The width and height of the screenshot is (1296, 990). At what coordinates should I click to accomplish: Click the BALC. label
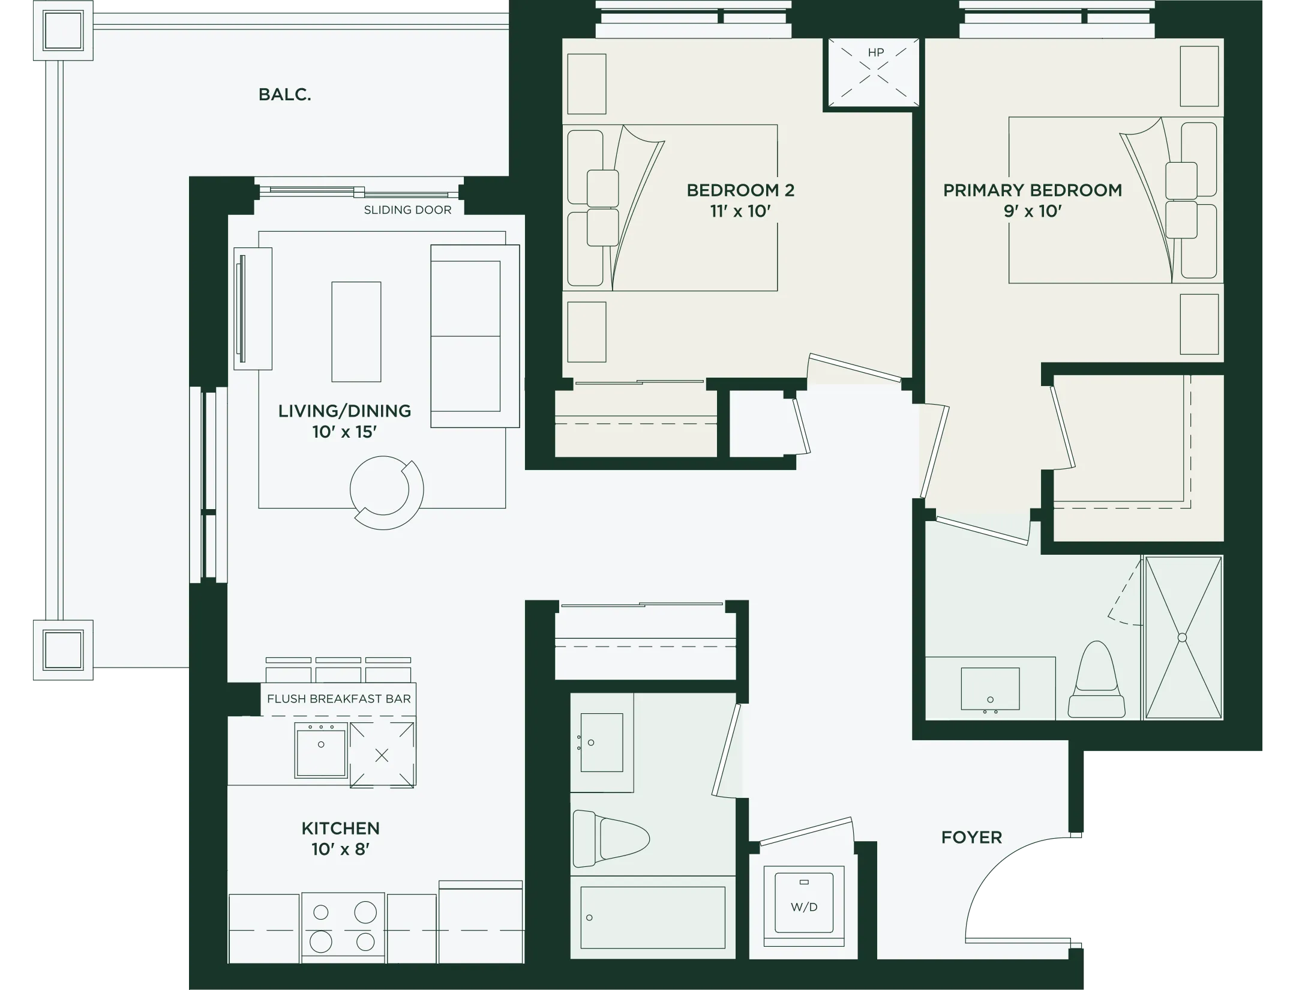click(x=284, y=95)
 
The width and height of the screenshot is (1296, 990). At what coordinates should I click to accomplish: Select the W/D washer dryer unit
click(x=804, y=907)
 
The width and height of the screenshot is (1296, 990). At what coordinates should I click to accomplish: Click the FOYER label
click(x=971, y=838)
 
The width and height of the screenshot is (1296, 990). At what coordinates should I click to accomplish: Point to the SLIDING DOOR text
click(x=407, y=210)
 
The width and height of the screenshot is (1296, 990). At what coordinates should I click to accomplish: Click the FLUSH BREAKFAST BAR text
click(x=339, y=699)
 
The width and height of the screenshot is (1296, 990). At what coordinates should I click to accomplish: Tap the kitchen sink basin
click(x=321, y=750)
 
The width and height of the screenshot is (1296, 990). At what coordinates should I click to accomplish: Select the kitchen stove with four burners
click(x=343, y=928)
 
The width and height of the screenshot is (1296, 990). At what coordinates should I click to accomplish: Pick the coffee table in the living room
click(x=356, y=332)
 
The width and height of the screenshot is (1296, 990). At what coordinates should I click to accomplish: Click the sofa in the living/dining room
click(x=475, y=336)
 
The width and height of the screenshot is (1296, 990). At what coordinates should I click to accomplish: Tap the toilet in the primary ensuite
click(x=1096, y=680)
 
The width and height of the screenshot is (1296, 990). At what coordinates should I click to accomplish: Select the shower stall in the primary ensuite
click(x=1183, y=638)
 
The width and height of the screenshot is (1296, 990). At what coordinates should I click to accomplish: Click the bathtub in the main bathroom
click(x=653, y=917)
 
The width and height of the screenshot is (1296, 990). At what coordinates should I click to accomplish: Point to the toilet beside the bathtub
click(x=611, y=839)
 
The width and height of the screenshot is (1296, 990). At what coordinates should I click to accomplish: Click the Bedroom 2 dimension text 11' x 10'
click(x=740, y=211)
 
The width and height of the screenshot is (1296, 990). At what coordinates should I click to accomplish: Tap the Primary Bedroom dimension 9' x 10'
click(x=1033, y=211)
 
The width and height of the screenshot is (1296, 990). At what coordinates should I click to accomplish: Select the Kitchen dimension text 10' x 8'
click(x=340, y=850)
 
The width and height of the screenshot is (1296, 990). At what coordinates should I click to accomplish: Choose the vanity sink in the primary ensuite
click(x=990, y=689)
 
